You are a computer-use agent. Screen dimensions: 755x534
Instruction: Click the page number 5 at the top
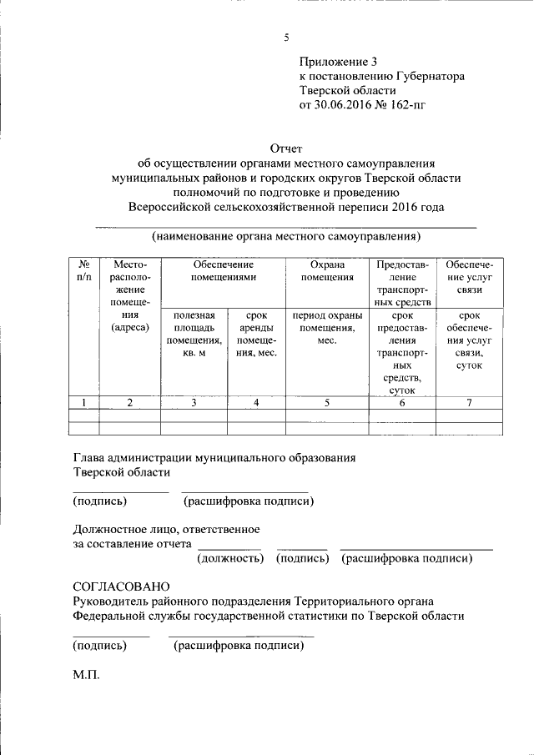[286, 38]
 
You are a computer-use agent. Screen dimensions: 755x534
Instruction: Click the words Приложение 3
[339, 61]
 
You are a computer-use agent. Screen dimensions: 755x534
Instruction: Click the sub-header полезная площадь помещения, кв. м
[194, 334]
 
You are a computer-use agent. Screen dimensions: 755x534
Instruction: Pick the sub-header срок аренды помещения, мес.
[256, 334]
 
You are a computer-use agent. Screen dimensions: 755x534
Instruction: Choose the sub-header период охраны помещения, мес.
[327, 328]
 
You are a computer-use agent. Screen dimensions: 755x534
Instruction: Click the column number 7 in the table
[469, 403]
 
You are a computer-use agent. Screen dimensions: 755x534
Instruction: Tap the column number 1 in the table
[83, 403]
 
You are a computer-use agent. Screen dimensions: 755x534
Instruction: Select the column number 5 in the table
[327, 403]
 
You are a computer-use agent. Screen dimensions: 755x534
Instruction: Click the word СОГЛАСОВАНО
[121, 587]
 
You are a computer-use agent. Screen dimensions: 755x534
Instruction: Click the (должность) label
[230, 558]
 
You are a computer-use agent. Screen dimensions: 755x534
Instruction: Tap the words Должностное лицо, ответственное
[166, 530]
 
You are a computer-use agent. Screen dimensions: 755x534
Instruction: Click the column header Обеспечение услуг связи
[469, 277]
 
